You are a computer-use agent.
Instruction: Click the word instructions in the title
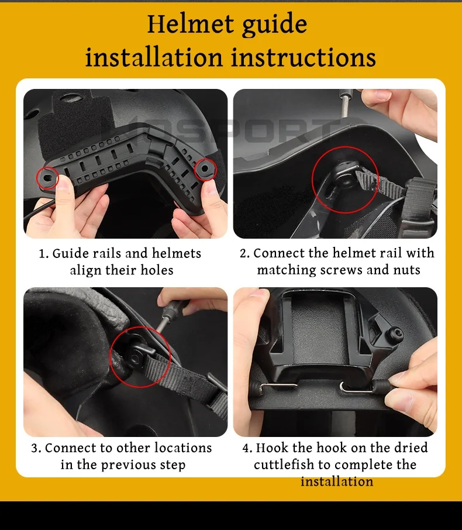[x=304, y=57]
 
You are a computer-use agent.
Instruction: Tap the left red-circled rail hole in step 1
[x=47, y=177]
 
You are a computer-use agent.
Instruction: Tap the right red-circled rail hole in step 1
[x=205, y=168]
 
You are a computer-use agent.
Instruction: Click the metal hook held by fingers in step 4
[x=357, y=388]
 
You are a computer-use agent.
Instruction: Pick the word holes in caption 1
[x=157, y=270]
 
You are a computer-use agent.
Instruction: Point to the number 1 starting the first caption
[x=42, y=253]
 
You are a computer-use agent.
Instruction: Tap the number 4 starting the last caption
[x=246, y=448]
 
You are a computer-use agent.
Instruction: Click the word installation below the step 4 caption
[x=337, y=481]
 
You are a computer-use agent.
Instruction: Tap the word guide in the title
[x=275, y=25]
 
